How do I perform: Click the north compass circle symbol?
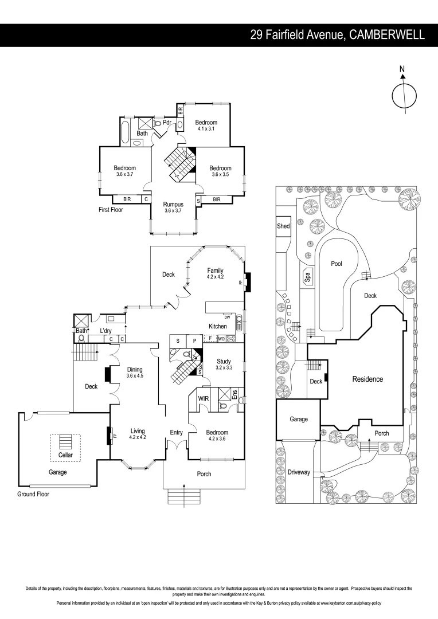click(x=403, y=95)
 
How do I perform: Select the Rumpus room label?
click(x=173, y=204)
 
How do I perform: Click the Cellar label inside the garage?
click(x=65, y=455)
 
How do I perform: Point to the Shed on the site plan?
click(x=283, y=226)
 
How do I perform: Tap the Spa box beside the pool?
click(x=307, y=277)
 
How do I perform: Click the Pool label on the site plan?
click(x=337, y=264)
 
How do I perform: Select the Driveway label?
click(x=299, y=472)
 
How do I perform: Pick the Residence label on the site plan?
click(x=367, y=379)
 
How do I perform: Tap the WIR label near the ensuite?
click(x=203, y=397)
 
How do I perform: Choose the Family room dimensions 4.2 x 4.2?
click(x=216, y=277)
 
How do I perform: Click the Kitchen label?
click(x=218, y=326)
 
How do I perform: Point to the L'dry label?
click(x=106, y=331)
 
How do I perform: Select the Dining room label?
click(x=135, y=370)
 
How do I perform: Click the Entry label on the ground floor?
click(x=176, y=432)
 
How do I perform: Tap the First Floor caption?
click(x=111, y=210)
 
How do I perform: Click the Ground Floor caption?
click(x=33, y=493)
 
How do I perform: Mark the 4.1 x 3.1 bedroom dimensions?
click(x=206, y=129)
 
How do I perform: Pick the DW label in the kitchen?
click(x=228, y=317)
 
